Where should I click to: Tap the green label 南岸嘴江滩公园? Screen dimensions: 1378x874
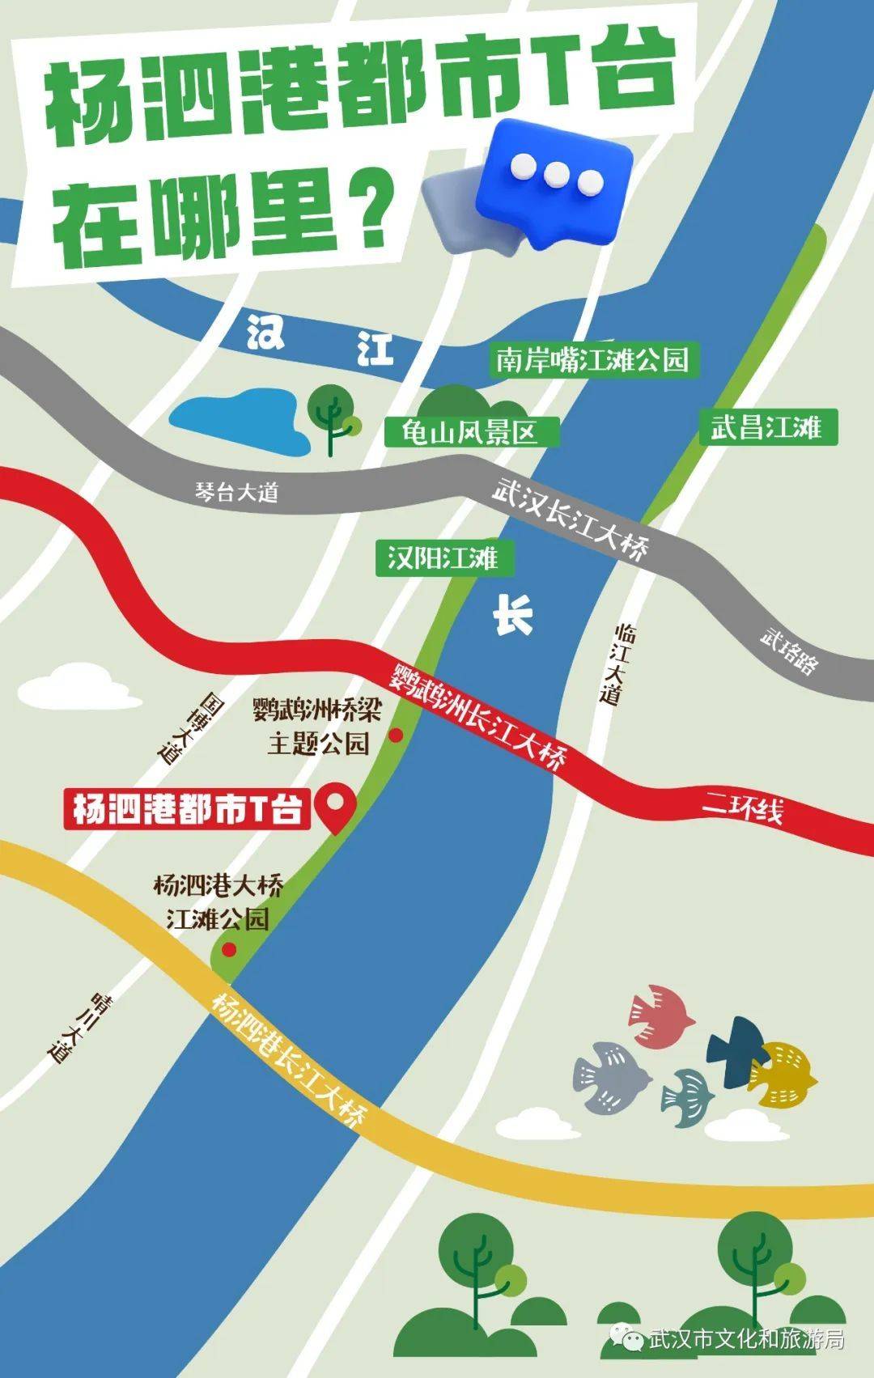pyautogui.click(x=592, y=359)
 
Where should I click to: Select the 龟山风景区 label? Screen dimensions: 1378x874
pyautogui.click(x=470, y=432)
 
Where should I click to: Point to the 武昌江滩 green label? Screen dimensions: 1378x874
pyautogui.click(x=766, y=426)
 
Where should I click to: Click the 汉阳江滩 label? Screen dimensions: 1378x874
pyautogui.click(x=443, y=558)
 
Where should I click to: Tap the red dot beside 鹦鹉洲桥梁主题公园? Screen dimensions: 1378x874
pyautogui.click(x=397, y=735)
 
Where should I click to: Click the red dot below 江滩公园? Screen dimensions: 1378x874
pyautogui.click(x=230, y=949)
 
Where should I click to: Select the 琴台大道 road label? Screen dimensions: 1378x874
pyautogui.click(x=236, y=491)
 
